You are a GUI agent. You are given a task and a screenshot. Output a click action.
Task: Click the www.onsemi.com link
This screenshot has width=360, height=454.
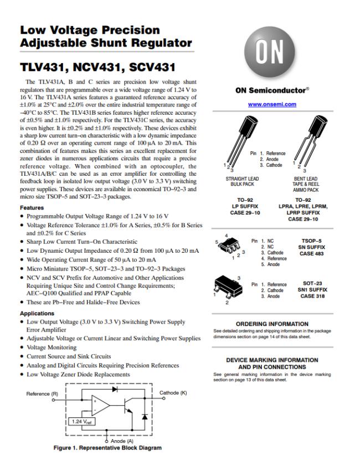pyautogui.click(x=271, y=104)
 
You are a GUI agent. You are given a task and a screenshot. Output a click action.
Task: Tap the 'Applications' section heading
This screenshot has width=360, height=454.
pyautogui.click(x=38, y=313)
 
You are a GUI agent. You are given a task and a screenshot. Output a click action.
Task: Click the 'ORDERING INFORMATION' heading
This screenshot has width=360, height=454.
pyautogui.click(x=271, y=324)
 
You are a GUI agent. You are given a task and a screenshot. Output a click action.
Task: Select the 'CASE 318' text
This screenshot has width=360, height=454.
pyautogui.click(x=313, y=296)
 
